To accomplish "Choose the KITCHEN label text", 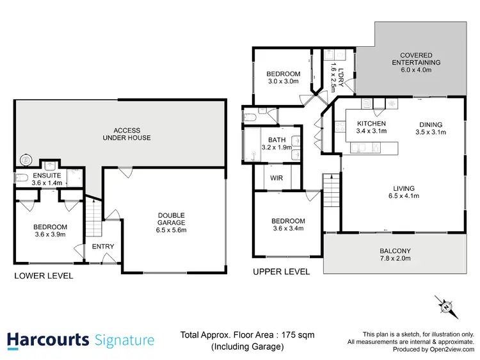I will pos(371,127).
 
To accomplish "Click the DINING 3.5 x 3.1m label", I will pos(430,128).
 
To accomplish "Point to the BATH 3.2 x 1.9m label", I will pos(276,143).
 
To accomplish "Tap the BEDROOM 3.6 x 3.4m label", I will pos(288,224).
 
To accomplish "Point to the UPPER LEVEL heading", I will pos(282,272).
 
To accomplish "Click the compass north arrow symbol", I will pos(445,306).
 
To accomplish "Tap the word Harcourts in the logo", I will pos(48,340).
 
